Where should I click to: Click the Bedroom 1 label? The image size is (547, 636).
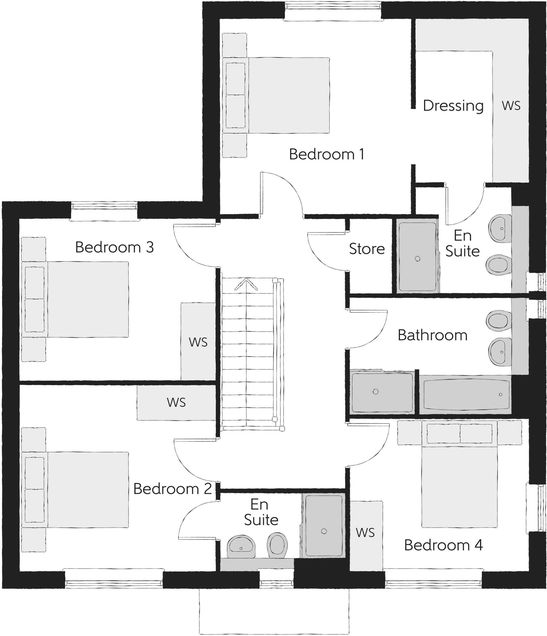[x=327, y=154]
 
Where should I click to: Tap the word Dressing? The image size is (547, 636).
[x=453, y=106]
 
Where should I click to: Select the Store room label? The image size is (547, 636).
[x=367, y=249]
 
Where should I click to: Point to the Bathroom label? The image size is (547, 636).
[x=432, y=335]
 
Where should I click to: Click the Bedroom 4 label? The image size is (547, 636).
[x=443, y=545]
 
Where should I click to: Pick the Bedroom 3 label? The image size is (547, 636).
[x=114, y=247]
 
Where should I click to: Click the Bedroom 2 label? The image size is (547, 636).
[x=172, y=489]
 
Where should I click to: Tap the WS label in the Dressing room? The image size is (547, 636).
[x=511, y=106]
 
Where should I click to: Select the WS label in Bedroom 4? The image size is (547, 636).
[x=365, y=533]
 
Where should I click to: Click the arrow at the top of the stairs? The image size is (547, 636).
[x=246, y=284]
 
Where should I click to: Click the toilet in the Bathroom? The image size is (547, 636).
[x=499, y=321]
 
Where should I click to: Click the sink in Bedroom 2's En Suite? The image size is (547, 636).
[x=241, y=547]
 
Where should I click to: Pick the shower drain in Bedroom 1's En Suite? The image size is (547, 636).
[x=418, y=259]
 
